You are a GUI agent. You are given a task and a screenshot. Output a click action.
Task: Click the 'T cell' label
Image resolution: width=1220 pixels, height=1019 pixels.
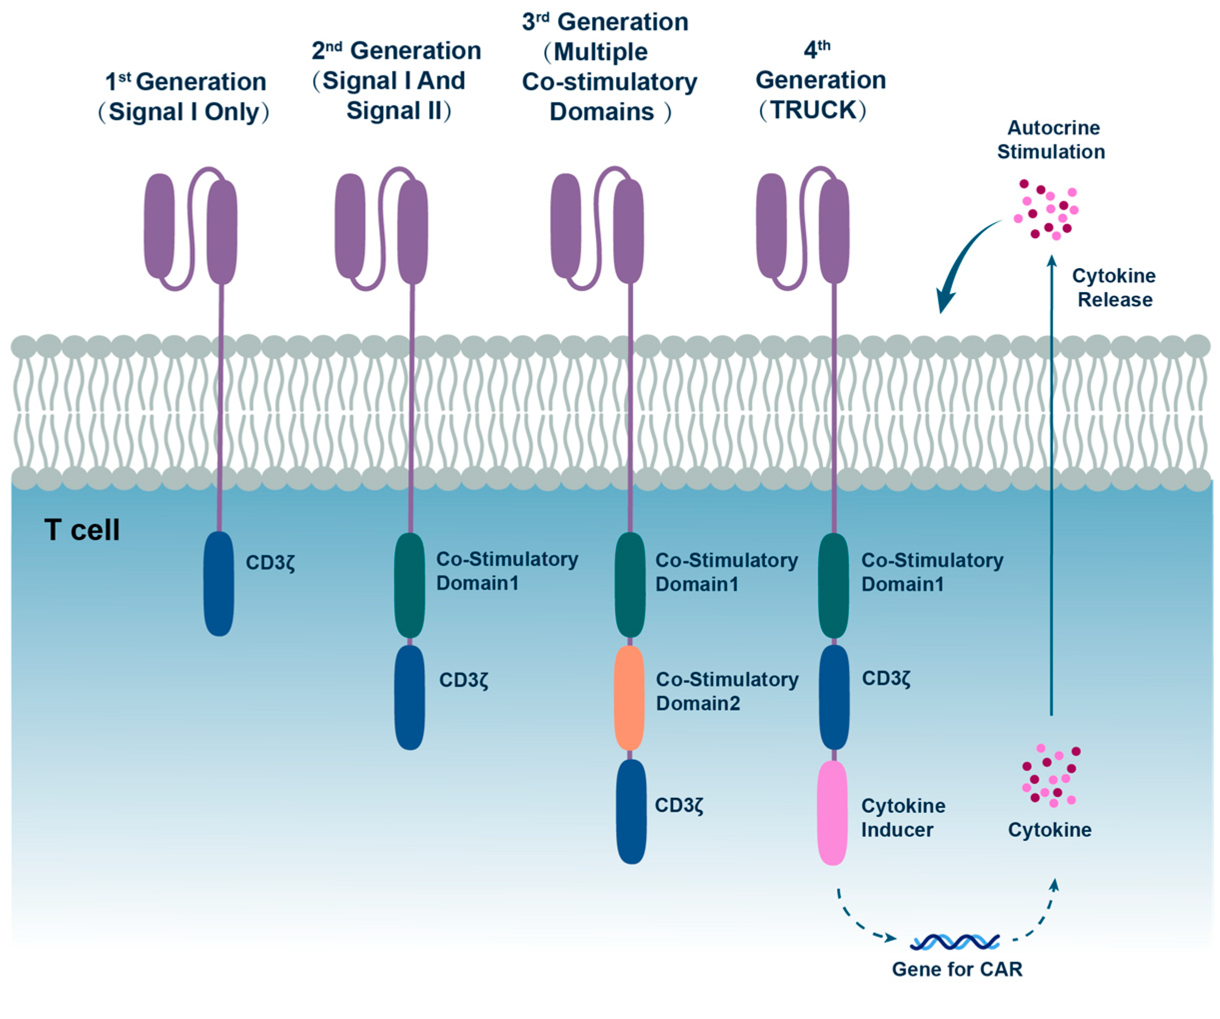[82, 530]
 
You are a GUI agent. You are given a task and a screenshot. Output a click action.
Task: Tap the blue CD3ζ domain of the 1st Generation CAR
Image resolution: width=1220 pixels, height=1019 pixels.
[219, 584]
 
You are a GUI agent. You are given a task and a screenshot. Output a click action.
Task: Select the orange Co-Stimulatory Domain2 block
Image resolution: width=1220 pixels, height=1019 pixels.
[629, 697]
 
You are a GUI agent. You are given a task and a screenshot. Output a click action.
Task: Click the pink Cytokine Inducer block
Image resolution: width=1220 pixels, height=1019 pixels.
[832, 812]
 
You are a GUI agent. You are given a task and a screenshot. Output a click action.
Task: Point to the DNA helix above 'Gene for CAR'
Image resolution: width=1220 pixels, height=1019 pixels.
[955, 942]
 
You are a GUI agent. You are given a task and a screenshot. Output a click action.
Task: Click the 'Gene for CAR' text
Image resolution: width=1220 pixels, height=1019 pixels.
[957, 969]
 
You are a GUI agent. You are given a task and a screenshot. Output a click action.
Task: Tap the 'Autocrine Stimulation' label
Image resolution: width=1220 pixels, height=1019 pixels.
[1051, 140]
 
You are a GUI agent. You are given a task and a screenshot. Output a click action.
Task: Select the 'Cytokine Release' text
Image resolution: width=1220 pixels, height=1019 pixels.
[1114, 288]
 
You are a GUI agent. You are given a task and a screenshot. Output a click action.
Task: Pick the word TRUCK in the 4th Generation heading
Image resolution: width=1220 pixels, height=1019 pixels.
[813, 110]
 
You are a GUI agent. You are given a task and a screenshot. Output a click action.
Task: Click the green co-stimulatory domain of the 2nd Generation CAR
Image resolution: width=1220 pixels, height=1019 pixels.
[410, 585]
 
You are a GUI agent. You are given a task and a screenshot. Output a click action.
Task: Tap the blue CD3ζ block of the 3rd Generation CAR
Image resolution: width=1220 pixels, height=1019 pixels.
[631, 811]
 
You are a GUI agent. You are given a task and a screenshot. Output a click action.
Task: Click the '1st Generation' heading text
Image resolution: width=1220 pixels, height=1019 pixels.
[185, 82]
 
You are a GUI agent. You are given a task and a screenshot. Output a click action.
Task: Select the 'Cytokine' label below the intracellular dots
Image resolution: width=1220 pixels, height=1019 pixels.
[1049, 830]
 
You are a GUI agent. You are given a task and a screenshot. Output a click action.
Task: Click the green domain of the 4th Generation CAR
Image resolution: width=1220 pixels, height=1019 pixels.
[834, 585]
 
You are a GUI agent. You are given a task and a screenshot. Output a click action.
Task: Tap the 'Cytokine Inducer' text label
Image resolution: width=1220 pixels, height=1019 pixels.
[903, 817]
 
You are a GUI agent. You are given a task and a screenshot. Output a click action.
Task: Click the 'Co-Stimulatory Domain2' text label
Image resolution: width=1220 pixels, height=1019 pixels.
[727, 691]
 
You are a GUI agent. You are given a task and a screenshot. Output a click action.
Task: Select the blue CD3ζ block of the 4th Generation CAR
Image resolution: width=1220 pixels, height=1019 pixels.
[834, 697]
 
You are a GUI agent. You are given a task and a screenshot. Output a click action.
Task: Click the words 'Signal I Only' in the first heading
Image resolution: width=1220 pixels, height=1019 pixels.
[183, 112]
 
